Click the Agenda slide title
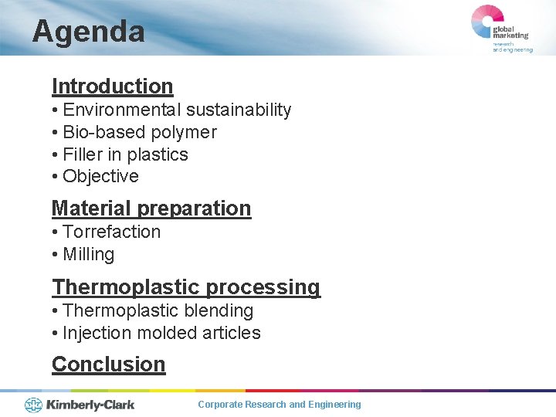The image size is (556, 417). tap(88, 32)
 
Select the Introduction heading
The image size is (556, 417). tap(112, 86)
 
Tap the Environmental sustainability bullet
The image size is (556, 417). tap(171, 110)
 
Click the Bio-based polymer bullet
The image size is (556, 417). tap(134, 132)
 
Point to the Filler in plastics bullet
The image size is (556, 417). tap(120, 154)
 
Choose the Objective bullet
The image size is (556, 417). tap(95, 176)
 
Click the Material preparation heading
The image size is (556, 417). tap(151, 208)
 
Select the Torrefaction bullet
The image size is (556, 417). tap(107, 232)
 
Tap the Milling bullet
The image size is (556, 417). tap(83, 254)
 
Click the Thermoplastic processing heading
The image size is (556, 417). tap(185, 287)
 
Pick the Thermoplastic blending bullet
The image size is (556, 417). tap(153, 310)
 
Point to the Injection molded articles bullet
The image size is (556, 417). tap(156, 333)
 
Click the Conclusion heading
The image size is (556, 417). tap(108, 364)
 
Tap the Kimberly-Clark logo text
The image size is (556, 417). tap(90, 404)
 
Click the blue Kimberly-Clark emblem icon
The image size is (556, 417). tap(33, 404)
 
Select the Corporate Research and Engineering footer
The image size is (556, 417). tap(279, 405)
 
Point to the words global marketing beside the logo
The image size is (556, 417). tap(511, 32)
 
